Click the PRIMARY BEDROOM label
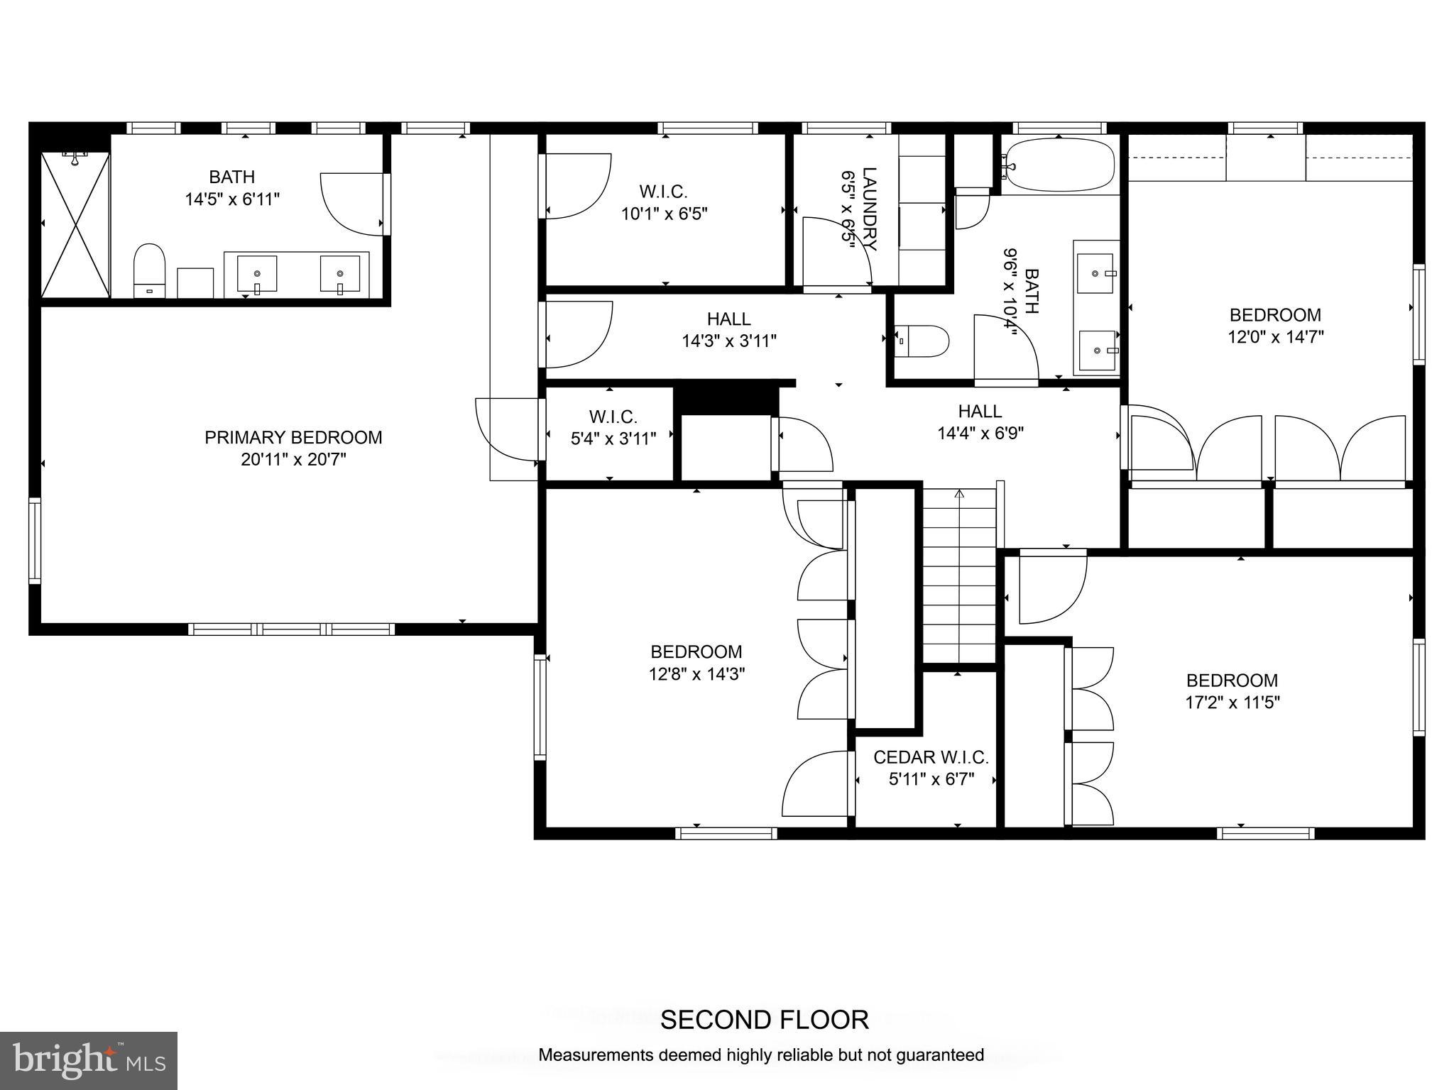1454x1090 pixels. [293, 437]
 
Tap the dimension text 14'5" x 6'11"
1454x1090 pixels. [232, 199]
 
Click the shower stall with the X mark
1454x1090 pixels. [75, 225]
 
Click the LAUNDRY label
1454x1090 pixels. [869, 209]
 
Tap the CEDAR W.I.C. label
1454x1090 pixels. [931, 757]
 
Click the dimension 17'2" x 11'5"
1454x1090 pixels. [1232, 703]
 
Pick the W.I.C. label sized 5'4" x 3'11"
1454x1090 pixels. [613, 417]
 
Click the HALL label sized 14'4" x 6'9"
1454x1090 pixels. [980, 411]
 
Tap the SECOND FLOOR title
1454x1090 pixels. [764, 1020]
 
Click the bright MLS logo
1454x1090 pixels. [89, 1060]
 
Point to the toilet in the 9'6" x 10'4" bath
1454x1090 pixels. [922, 341]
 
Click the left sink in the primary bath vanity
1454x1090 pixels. [256, 274]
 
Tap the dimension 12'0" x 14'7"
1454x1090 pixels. [1275, 337]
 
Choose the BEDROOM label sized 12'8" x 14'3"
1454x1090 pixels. [696, 651]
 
